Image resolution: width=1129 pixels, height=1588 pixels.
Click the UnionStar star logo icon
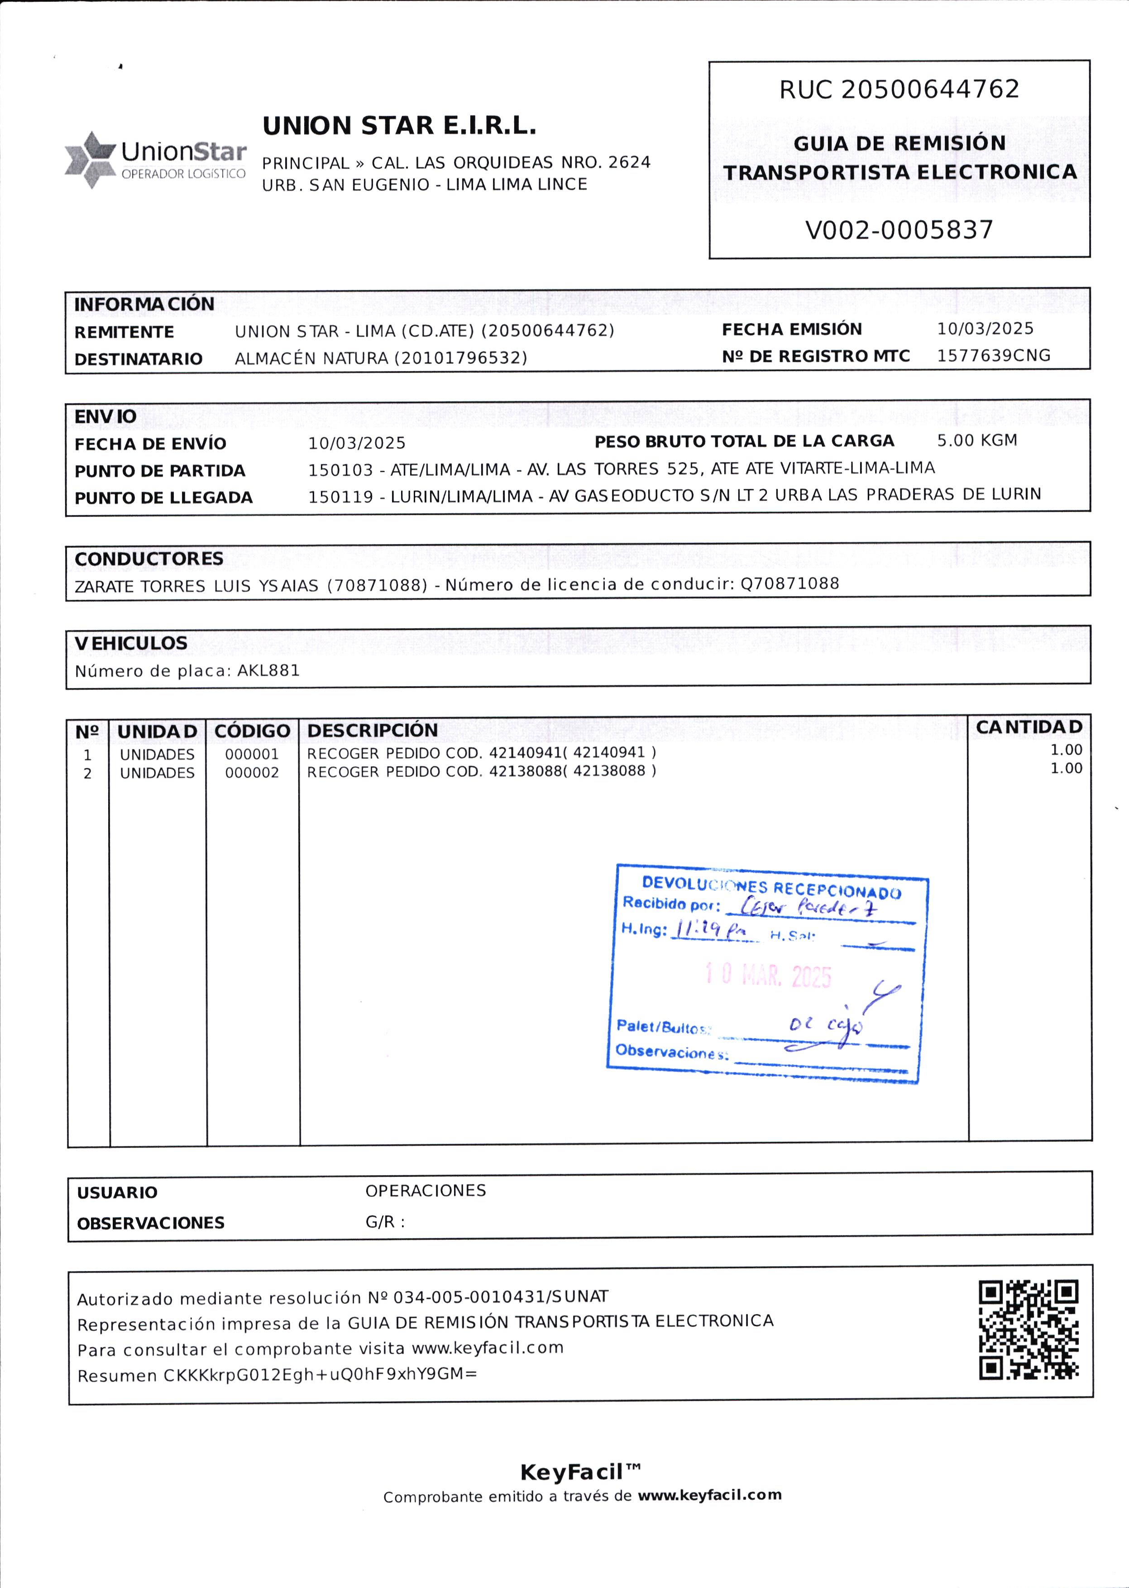click(91, 159)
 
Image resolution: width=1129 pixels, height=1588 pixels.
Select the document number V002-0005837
click(899, 230)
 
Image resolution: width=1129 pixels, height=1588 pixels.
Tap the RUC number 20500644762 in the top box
click(930, 89)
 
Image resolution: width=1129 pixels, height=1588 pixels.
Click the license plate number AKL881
click(268, 670)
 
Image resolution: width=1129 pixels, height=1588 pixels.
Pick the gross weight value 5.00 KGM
click(977, 440)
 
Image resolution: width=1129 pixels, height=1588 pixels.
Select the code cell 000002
click(252, 772)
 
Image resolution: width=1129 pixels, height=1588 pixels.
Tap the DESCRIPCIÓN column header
click(373, 730)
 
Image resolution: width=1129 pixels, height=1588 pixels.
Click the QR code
click(1029, 1330)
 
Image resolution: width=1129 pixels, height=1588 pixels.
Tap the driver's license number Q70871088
click(790, 584)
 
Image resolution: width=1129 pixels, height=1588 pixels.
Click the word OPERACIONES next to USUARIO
click(426, 1190)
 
